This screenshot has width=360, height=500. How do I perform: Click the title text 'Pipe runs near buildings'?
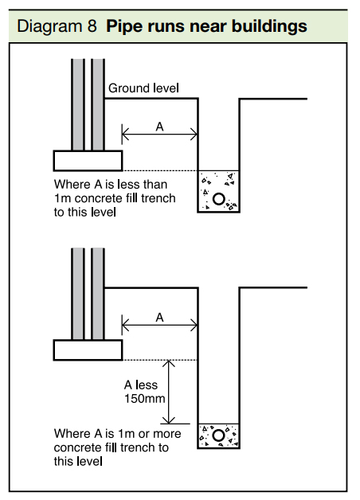pyautogui.click(x=207, y=26)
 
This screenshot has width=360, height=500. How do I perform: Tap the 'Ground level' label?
pyautogui.click(x=144, y=88)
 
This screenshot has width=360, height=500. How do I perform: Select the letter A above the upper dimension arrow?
pyautogui.click(x=159, y=126)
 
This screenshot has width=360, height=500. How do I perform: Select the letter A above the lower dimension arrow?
pyautogui.click(x=159, y=317)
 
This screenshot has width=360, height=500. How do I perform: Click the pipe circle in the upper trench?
pyautogui.click(x=218, y=198)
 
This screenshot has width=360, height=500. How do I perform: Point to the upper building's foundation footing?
pyautogui.click(x=88, y=160)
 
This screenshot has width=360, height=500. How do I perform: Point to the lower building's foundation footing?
pyautogui.click(x=88, y=350)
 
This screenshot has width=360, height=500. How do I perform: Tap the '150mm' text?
pyautogui.click(x=144, y=397)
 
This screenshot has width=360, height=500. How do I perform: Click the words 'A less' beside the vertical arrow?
pyautogui.click(x=143, y=384)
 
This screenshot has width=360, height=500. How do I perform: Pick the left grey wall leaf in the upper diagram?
pyautogui.click(x=78, y=104)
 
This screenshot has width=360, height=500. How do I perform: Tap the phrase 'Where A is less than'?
pyautogui.click(x=112, y=185)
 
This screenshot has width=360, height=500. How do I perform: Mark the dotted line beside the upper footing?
pyautogui.click(x=159, y=170)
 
